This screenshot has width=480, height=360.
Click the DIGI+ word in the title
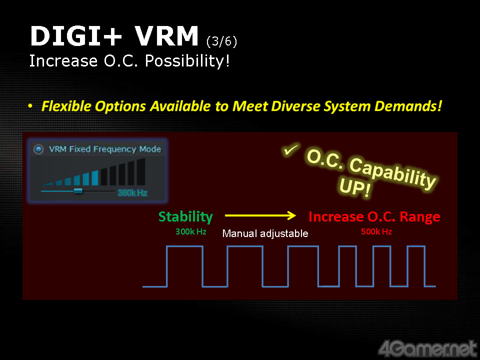(76, 36)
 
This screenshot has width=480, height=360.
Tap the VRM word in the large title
(167, 36)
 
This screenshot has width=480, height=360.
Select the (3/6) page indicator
(221, 41)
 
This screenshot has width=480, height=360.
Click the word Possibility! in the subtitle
(187, 61)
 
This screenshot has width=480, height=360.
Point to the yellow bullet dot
(30, 106)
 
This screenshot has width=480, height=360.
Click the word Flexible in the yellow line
(66, 106)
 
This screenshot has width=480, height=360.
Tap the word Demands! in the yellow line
(408, 106)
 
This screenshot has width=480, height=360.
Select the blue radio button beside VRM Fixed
(38, 149)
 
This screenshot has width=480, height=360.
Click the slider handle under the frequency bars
(78, 191)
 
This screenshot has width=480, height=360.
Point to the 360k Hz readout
(132, 193)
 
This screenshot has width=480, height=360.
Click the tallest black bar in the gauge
(141, 171)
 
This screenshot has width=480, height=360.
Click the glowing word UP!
(355, 186)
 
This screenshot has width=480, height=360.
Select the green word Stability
(185, 216)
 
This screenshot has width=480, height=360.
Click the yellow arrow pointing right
(260, 215)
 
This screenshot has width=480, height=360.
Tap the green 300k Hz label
(190, 231)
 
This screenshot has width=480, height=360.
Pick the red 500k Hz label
(376, 231)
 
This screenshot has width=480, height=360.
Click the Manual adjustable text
(265, 233)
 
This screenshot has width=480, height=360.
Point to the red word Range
(420, 216)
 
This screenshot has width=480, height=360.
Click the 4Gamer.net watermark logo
(427, 348)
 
